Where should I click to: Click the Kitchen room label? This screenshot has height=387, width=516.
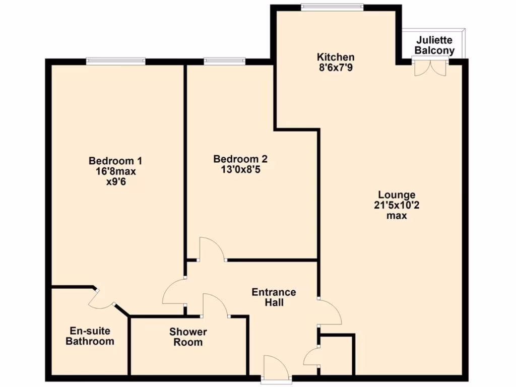pyautogui.click(x=335, y=57)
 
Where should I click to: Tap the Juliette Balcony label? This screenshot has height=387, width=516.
pyautogui.click(x=434, y=45)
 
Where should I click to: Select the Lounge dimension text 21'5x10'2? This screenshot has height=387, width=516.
pyautogui.click(x=397, y=205)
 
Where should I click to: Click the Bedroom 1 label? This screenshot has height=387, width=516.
pyautogui.click(x=115, y=161)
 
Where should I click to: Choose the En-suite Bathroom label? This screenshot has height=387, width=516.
pyautogui.click(x=92, y=336)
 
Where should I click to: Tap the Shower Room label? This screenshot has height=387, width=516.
pyautogui.click(x=188, y=337)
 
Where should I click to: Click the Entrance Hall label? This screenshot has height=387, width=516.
pyautogui.click(x=274, y=297)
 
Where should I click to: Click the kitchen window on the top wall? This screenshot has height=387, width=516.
pyautogui.click(x=332, y=7)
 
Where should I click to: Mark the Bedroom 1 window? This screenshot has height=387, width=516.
pyautogui.click(x=116, y=61)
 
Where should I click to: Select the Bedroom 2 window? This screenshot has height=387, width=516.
pyautogui.click(x=225, y=61)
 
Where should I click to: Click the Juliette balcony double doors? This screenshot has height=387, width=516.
pyautogui.click(x=430, y=68)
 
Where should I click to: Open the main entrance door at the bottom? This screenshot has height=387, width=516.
pyautogui.click(x=276, y=368)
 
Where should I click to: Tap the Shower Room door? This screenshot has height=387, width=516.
pyautogui.click(x=215, y=306)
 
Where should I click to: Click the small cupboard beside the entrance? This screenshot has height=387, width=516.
pyautogui.click(x=337, y=355)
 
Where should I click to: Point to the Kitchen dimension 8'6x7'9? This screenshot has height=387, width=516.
pyautogui.click(x=335, y=67)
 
